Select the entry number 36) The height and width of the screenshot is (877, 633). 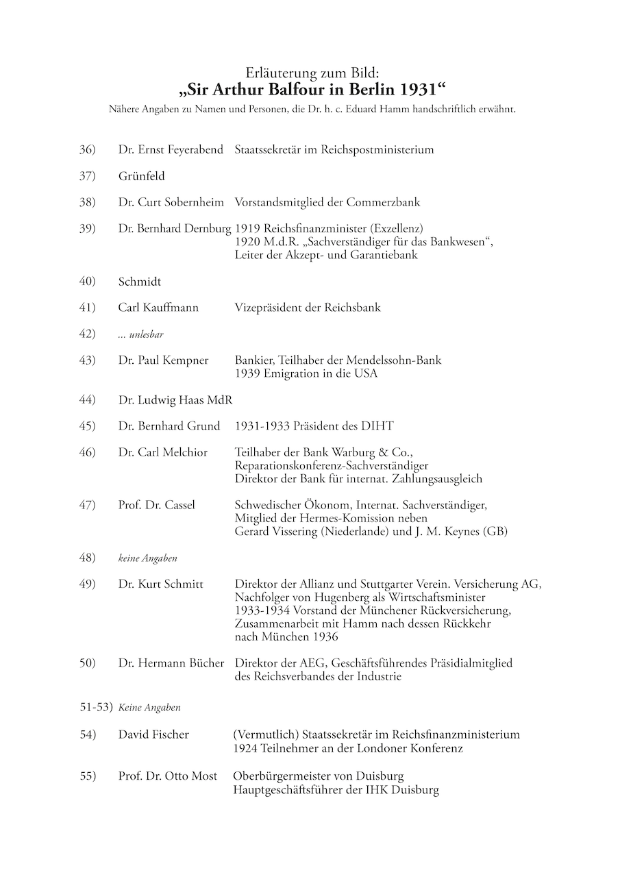(x=87, y=149)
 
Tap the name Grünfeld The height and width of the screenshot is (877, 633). (x=141, y=176)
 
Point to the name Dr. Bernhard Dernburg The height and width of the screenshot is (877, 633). (x=175, y=229)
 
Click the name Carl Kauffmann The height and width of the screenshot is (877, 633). (x=158, y=308)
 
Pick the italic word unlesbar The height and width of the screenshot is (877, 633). (x=146, y=335)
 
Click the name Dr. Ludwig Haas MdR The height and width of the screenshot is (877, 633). (x=175, y=399)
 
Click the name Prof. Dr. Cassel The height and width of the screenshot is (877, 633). (x=156, y=506)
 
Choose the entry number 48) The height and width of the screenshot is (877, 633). (x=87, y=558)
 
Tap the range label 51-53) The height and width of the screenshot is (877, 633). (x=95, y=707)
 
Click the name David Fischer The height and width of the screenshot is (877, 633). (x=153, y=734)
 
